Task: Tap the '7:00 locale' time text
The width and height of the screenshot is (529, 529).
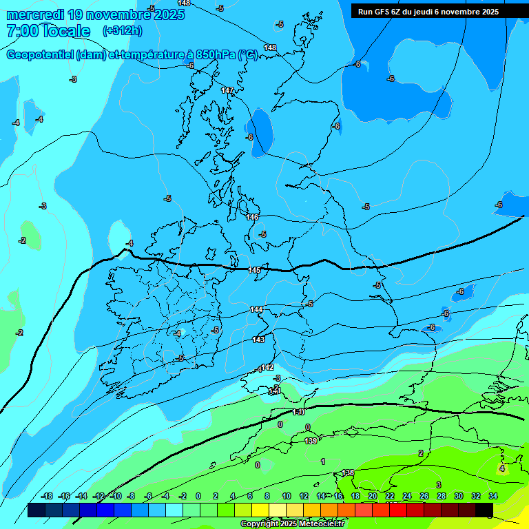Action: click(x=48, y=31)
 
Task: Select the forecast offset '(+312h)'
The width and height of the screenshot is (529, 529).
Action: click(x=123, y=31)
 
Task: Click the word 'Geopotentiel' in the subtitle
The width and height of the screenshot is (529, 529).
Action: click(x=39, y=55)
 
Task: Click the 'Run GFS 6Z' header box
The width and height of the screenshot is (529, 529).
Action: click(x=428, y=11)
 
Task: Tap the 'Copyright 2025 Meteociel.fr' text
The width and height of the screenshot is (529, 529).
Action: click(x=293, y=523)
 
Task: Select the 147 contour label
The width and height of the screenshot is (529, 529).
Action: click(x=227, y=90)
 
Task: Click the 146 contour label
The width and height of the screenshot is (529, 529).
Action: click(x=253, y=217)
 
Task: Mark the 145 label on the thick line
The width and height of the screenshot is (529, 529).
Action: click(x=254, y=270)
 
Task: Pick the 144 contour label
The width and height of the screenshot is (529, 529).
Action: click(x=256, y=310)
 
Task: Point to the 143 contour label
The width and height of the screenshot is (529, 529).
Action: click(x=258, y=340)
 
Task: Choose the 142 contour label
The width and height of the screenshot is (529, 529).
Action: click(x=267, y=367)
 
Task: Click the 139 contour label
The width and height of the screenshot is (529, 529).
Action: click(x=311, y=441)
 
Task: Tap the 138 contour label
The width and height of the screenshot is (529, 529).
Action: click(x=348, y=473)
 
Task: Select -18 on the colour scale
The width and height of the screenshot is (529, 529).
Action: click(x=47, y=496)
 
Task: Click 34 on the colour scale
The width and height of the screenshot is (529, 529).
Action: click(x=493, y=496)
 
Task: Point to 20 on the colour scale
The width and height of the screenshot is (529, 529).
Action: click(x=373, y=496)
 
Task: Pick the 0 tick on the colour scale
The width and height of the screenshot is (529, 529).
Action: click(x=198, y=496)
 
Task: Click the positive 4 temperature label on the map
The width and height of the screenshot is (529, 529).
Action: click(x=501, y=468)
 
